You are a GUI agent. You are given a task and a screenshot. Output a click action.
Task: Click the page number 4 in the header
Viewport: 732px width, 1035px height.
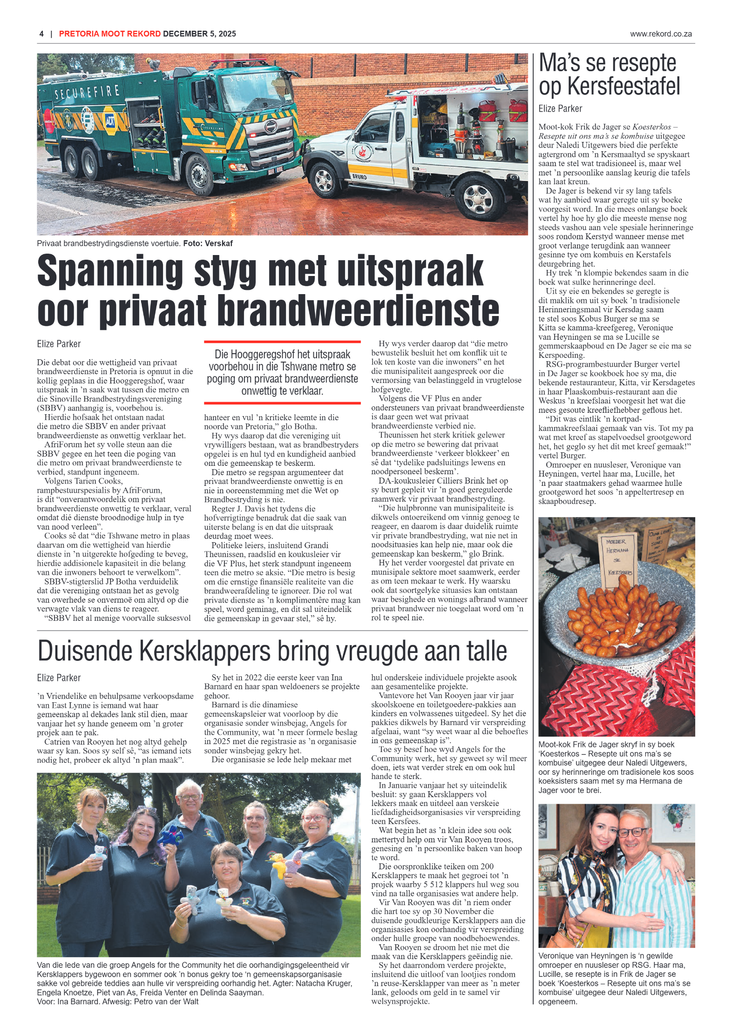[x=41, y=34]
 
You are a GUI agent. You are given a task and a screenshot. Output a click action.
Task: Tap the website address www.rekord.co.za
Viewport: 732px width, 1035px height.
[x=661, y=34]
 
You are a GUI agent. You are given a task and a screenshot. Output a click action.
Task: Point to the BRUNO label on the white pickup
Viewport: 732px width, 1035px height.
[x=359, y=177]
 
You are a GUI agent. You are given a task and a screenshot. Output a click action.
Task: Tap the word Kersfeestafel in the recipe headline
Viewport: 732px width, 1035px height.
[x=624, y=87]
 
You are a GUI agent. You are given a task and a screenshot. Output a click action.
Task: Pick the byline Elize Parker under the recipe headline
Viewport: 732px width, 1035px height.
[x=560, y=109]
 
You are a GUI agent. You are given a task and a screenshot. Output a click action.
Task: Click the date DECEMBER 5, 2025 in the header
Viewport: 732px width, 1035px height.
[x=199, y=34]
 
